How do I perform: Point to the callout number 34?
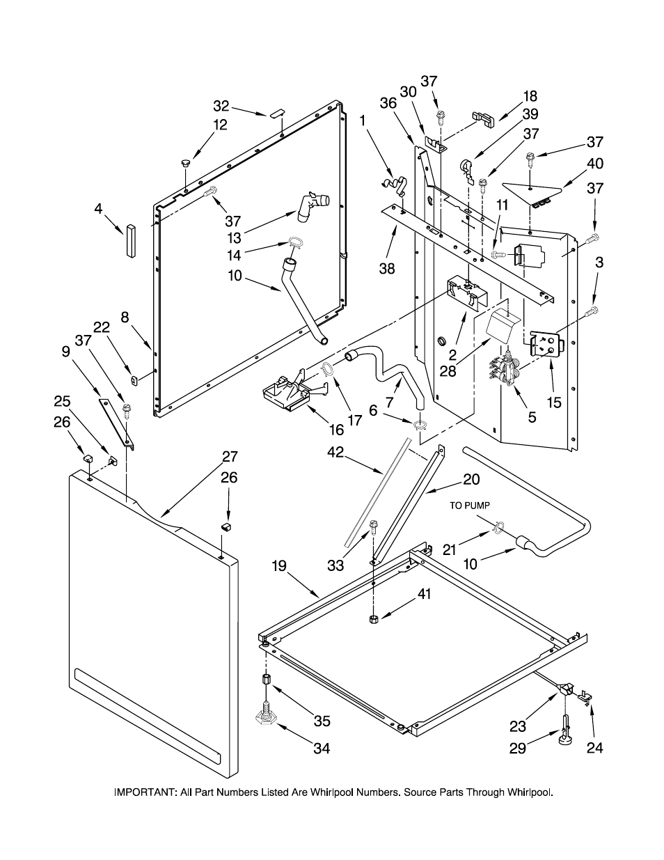321,749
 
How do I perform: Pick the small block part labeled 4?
129,240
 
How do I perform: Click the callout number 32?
221,106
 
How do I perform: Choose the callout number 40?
595,164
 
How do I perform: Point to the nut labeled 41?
373,618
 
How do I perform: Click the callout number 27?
230,457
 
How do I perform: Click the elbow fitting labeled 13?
313,207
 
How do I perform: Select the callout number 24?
594,748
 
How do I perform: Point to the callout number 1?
363,120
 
